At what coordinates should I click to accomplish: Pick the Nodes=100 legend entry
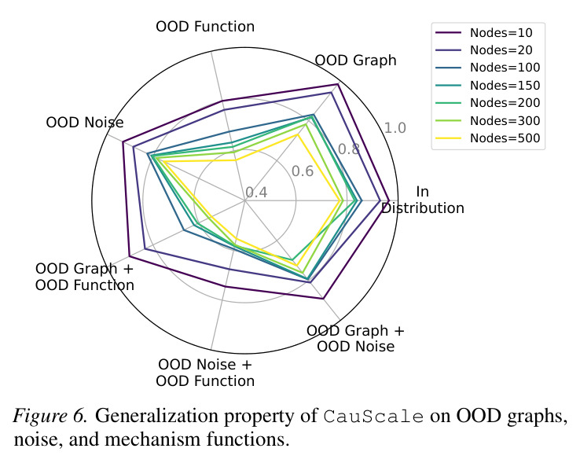[488, 68]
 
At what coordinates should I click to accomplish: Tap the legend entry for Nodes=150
[488, 86]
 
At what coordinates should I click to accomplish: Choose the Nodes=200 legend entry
[488, 103]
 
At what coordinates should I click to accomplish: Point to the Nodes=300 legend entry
[488, 120]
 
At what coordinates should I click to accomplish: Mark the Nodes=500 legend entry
[488, 138]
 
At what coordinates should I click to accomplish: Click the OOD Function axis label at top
[205, 27]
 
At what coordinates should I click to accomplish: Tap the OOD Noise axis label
[85, 123]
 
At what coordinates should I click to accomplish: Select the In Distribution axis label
[422, 200]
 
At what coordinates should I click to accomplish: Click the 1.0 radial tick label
[395, 128]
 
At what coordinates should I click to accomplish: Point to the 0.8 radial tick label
[349, 149]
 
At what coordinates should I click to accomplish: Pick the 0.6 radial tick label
[303, 171]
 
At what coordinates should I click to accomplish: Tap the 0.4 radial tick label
[256, 193]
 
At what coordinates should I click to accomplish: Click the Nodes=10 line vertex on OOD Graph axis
[338, 85]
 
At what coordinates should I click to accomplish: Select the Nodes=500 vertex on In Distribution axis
[340, 201]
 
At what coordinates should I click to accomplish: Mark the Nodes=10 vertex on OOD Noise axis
[123, 142]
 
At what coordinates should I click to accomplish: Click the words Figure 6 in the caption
[50, 416]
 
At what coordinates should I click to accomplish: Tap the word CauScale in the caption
[373, 417]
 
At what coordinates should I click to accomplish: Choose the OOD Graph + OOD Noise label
[355, 339]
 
